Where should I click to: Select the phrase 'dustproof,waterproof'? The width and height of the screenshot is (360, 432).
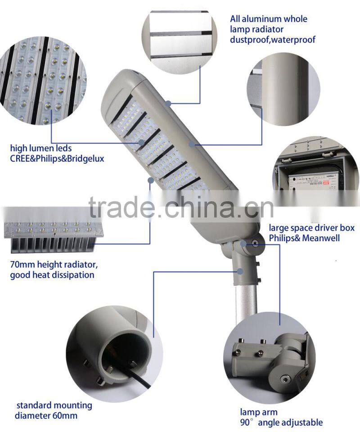click(273, 40)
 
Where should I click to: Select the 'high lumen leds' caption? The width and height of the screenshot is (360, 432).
click(41, 148)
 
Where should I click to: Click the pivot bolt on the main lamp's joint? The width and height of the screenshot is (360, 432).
click(255, 243)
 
